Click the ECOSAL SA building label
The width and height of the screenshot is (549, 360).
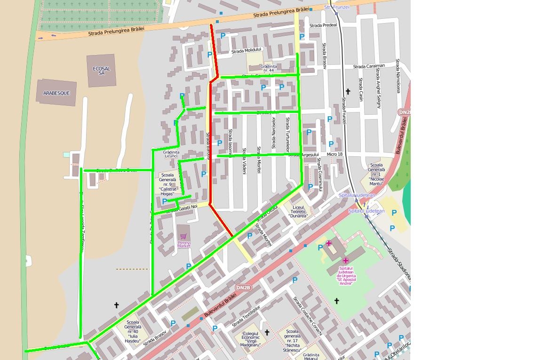point(101,71)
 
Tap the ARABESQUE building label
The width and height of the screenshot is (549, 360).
point(56,93)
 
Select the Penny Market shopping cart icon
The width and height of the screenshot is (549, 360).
point(183,236)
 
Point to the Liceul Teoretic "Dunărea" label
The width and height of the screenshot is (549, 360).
point(299,212)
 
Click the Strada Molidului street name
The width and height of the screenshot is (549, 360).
point(246,50)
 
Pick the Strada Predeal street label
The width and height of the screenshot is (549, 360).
point(323,25)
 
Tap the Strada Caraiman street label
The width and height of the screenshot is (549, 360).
point(369,66)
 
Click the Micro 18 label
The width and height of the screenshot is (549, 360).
point(334,154)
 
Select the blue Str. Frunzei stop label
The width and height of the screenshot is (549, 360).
point(337,7)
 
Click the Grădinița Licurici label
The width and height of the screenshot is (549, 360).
point(171,154)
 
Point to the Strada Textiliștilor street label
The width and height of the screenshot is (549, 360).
point(246,316)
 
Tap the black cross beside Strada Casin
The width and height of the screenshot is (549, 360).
point(348,91)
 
